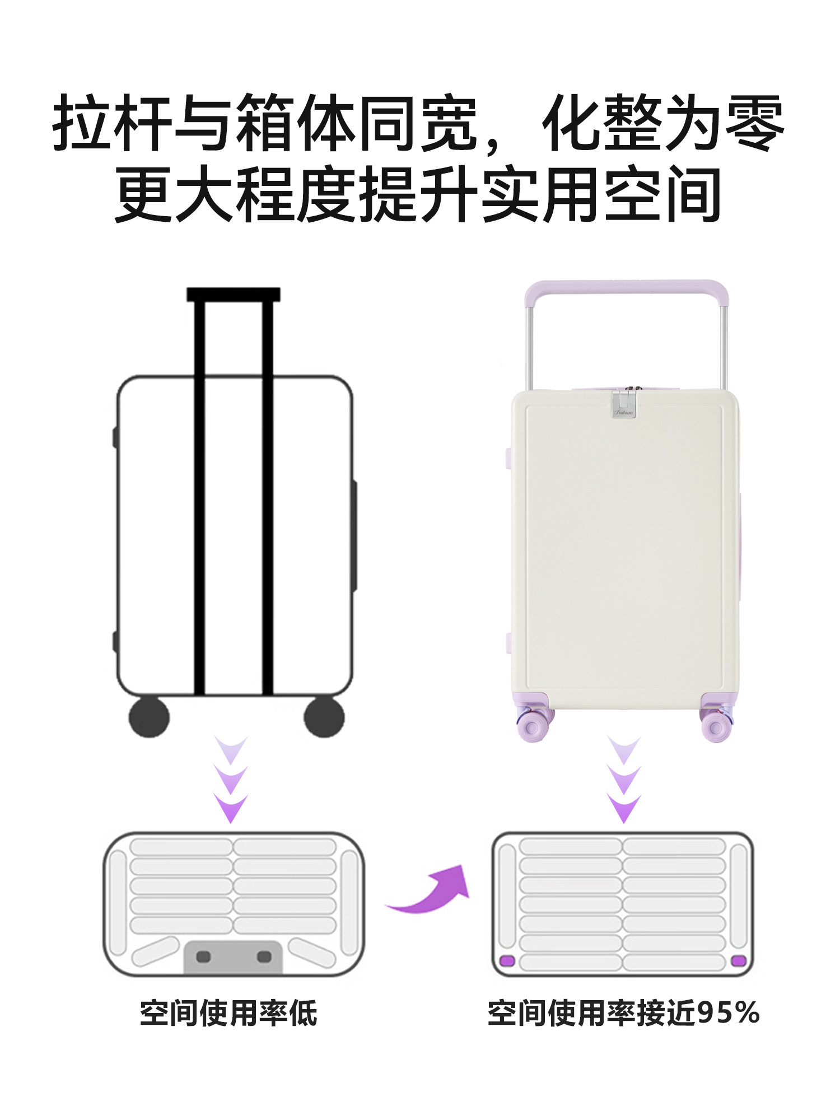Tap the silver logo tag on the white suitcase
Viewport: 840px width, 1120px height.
pos(624,404)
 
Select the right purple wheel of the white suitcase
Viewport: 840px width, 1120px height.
pos(716,726)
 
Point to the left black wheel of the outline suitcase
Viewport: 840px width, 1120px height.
pos(149,717)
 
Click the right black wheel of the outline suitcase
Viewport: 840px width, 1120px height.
pos(324,717)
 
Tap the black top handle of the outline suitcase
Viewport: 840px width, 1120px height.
pos(233,295)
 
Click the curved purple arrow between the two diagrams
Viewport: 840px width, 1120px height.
pos(431,892)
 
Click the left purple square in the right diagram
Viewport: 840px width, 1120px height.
pos(507,961)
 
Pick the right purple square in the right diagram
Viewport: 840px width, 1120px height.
pos(738,961)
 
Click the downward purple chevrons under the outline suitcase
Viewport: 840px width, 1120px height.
pos(231,780)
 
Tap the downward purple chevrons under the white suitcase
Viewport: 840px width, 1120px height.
pos(624,780)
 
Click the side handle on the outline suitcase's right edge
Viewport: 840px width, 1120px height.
pos(354,535)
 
